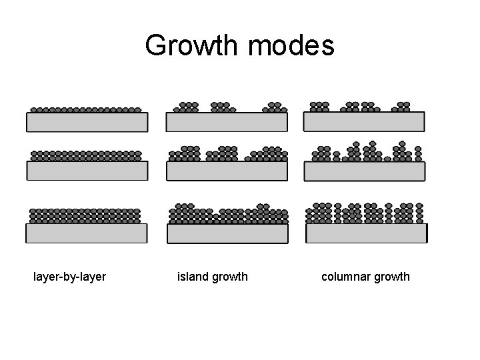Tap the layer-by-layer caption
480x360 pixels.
(x=69, y=276)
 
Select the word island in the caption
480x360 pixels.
(x=193, y=276)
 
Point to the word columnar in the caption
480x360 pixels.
(x=345, y=276)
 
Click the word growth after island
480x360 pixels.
(x=229, y=276)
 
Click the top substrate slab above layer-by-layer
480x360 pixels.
(x=87, y=122)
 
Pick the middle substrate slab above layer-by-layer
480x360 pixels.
(x=87, y=171)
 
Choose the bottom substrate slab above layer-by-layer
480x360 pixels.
(x=87, y=233)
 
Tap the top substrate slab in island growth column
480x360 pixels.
(x=227, y=122)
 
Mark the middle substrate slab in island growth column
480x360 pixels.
(x=227, y=171)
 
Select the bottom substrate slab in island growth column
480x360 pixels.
(x=227, y=233)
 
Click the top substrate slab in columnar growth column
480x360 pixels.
(x=364, y=121)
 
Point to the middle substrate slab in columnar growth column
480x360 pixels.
(x=364, y=171)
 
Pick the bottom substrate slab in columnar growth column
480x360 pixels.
(x=365, y=233)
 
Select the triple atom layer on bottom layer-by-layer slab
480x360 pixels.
(x=85, y=215)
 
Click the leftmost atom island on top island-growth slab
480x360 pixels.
(x=187, y=107)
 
